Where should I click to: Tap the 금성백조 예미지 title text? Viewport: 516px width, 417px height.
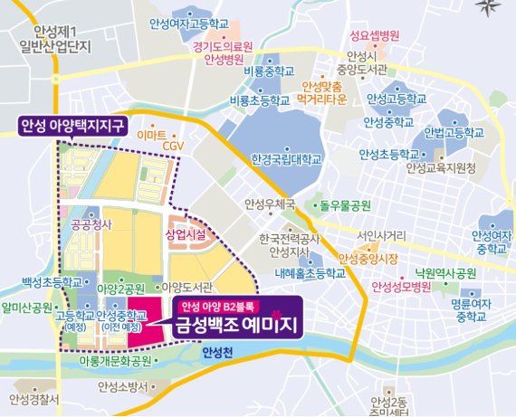click(238, 321)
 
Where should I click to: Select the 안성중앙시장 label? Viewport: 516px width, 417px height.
click(368, 259)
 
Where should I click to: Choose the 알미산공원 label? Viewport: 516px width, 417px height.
click(27, 308)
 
